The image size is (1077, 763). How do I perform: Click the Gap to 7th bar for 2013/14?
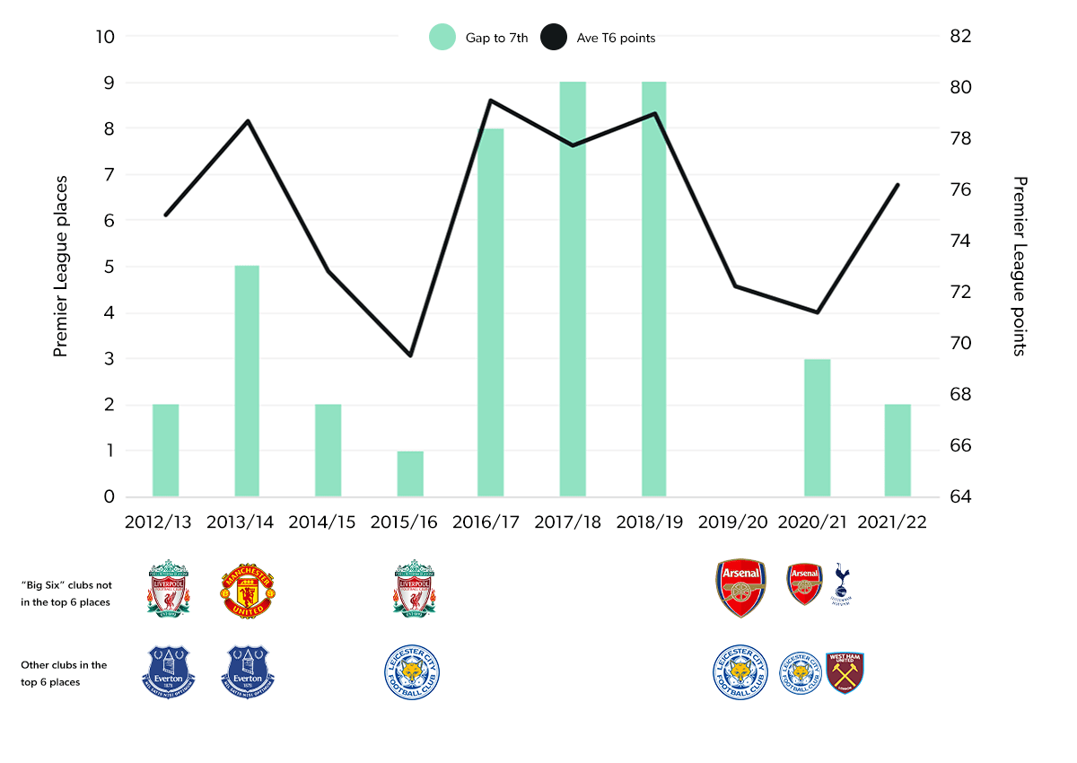click(247, 381)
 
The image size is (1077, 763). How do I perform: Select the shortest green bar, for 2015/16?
click(410, 473)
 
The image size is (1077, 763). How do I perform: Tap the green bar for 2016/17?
click(490, 312)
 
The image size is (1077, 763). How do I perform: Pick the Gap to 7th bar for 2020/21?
click(817, 427)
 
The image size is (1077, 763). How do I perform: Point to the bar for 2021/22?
click(897, 450)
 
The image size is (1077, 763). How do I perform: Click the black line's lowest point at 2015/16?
click(410, 355)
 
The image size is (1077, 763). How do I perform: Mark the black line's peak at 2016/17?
click(490, 101)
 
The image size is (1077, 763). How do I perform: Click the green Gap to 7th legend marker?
click(442, 37)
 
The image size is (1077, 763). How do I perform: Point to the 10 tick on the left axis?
click(105, 37)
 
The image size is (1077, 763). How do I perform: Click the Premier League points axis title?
click(1019, 266)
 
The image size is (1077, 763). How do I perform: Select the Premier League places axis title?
click(61, 266)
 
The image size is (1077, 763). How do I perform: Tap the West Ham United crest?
click(845, 672)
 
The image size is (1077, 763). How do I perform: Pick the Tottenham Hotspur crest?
click(842, 584)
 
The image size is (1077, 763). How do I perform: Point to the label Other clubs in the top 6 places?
click(64, 673)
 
